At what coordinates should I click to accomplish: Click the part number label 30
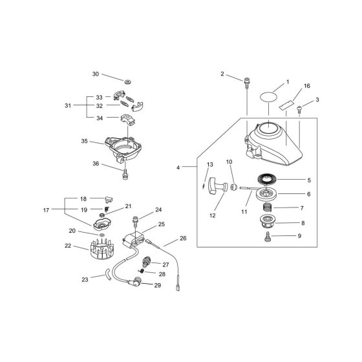click(96, 74)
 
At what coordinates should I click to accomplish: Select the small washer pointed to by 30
click(128, 81)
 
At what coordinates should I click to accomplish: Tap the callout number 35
click(85, 141)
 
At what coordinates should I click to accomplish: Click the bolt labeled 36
click(125, 174)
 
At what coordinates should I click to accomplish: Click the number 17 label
click(46, 210)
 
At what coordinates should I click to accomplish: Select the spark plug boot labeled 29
click(136, 281)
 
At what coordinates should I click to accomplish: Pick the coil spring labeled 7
click(268, 206)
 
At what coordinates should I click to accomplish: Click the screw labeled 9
click(268, 237)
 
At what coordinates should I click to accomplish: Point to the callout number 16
click(307, 86)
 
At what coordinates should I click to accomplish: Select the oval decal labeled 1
click(269, 96)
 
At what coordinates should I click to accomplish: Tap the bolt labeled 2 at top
click(247, 83)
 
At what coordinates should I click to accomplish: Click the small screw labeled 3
click(299, 109)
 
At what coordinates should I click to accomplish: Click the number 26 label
click(183, 239)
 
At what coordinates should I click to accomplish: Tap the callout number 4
click(178, 167)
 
